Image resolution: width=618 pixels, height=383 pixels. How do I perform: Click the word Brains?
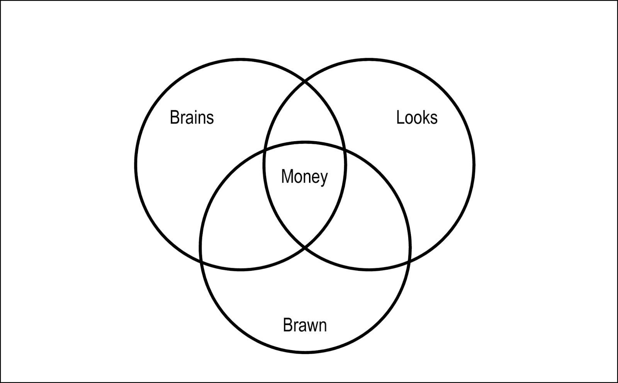(192, 117)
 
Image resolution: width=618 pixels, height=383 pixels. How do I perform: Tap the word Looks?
(417, 117)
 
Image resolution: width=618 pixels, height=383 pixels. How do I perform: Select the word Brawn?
(305, 325)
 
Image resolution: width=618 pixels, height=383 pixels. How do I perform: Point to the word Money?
(304, 176)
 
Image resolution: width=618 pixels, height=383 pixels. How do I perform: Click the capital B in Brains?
(174, 117)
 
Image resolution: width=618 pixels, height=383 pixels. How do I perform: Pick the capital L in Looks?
(400, 117)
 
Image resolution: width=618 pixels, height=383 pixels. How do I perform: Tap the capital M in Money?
(287, 176)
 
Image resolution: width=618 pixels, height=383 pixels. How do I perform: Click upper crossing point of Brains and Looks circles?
(305, 81)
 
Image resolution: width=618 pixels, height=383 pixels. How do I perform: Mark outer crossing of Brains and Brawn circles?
(201, 262)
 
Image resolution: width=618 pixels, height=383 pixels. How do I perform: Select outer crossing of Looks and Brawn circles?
(409, 262)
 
